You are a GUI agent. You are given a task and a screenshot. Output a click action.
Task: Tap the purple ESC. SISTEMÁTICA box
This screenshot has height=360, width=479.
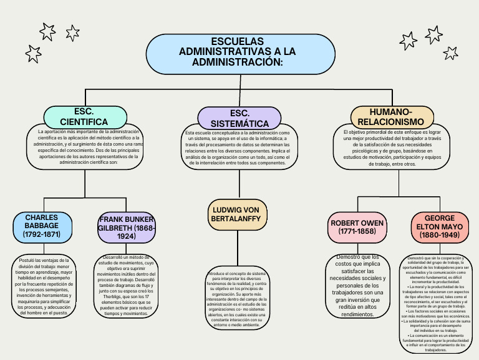coord(239,118)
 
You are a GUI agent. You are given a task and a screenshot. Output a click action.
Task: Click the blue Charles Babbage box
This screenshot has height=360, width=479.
coord(42,226)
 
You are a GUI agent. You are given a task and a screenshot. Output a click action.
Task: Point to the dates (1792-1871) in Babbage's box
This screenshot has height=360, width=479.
coord(42,235)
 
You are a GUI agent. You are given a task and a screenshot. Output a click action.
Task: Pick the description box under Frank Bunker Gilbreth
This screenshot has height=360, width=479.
coord(127,286)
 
